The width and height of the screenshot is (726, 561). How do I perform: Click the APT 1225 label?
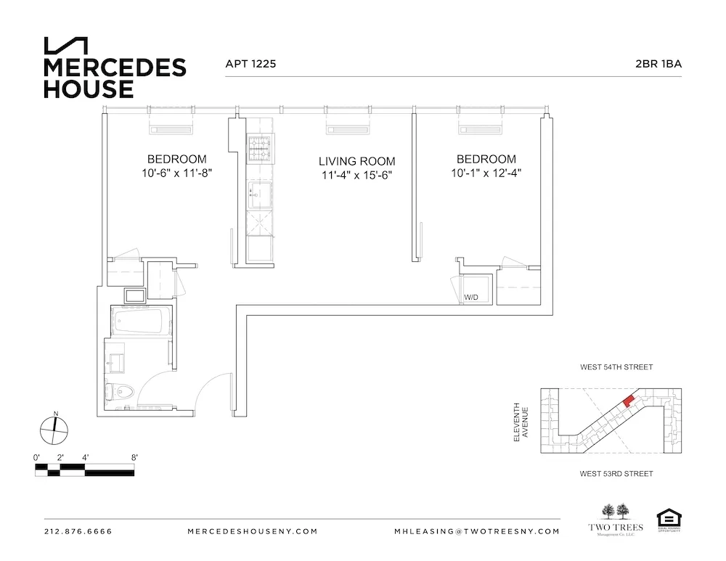tap(250, 64)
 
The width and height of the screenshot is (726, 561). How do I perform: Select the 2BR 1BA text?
tap(658, 64)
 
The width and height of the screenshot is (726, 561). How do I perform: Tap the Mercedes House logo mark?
tap(66, 46)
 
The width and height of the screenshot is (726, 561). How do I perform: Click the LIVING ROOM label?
tap(357, 161)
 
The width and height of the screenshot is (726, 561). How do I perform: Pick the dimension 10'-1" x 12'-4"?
tap(486, 173)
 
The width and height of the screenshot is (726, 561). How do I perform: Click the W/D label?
tap(472, 298)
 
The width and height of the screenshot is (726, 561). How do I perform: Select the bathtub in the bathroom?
tap(140, 321)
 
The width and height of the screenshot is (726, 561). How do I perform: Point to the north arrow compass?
tap(55, 430)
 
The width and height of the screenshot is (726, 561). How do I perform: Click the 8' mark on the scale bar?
tap(134, 457)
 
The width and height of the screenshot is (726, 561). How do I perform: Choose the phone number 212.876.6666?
tap(78, 531)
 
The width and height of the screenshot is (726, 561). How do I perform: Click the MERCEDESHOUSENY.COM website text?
tap(253, 531)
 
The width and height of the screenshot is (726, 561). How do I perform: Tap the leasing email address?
tap(477, 531)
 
